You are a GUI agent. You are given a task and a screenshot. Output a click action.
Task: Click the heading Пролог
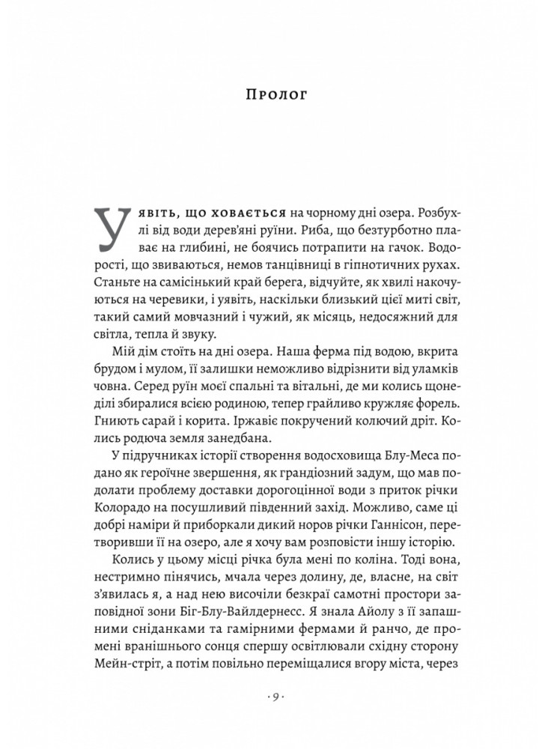click(x=272, y=95)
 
